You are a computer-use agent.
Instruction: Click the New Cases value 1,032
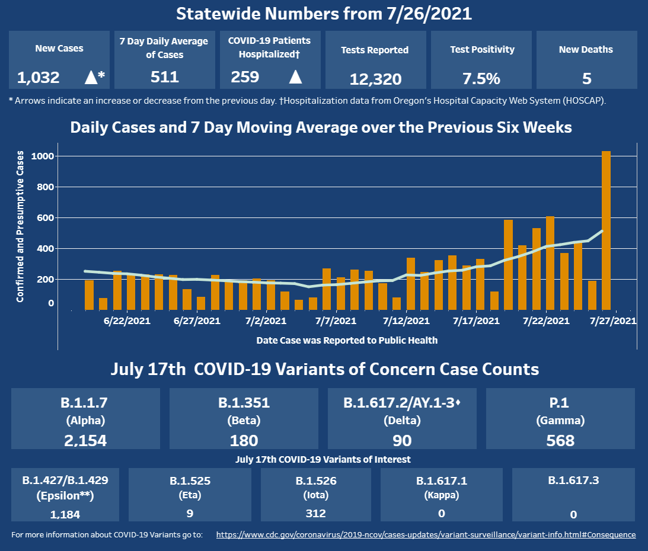[39, 77]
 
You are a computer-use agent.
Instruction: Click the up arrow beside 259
[295, 76]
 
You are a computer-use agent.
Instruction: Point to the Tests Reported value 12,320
[375, 79]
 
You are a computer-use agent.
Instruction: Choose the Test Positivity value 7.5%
[480, 79]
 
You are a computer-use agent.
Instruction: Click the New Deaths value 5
[586, 79]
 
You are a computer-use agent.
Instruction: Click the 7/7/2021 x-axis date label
[336, 321]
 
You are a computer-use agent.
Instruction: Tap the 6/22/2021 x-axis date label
[127, 321]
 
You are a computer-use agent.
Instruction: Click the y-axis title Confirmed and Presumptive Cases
[20, 226]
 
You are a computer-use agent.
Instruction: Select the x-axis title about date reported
[347, 341]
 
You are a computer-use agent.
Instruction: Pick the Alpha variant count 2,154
[85, 440]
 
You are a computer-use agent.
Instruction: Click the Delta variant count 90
[402, 440]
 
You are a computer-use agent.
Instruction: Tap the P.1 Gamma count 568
[560, 440]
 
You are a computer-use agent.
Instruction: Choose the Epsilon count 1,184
[65, 514]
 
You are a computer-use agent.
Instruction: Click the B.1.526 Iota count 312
[315, 513]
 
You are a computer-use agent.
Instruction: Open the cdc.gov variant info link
[426, 535]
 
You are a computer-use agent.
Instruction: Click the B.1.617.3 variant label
[573, 480]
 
